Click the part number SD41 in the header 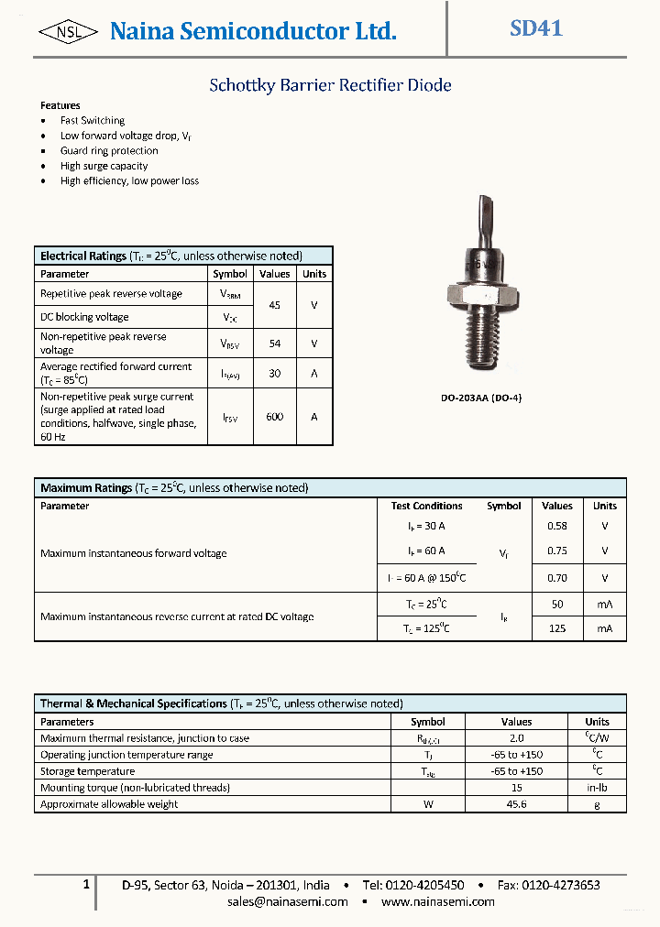pyautogui.click(x=536, y=28)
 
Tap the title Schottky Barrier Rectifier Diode pyautogui.click(x=330, y=85)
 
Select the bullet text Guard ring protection pyautogui.click(x=109, y=151)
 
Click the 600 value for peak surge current pyautogui.click(x=274, y=417)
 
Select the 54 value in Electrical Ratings pyautogui.click(x=274, y=344)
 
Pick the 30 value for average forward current pyautogui.click(x=274, y=374)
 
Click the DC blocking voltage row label pyautogui.click(x=84, y=317)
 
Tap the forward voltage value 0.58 pyautogui.click(x=556, y=527)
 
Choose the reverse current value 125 pyautogui.click(x=556, y=628)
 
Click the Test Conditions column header pyautogui.click(x=426, y=506)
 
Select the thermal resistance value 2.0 pyautogui.click(x=516, y=738)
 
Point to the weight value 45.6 pyautogui.click(x=516, y=804)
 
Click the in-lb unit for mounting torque pyautogui.click(x=597, y=788)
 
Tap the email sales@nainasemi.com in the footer pyautogui.click(x=288, y=902)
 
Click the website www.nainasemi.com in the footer pyautogui.click(x=438, y=902)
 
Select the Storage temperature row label pyautogui.click(x=87, y=771)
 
